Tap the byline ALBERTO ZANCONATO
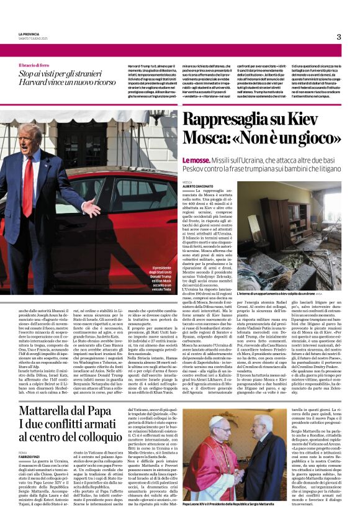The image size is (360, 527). [198, 186]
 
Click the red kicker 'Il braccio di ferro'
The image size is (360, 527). [36, 65]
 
